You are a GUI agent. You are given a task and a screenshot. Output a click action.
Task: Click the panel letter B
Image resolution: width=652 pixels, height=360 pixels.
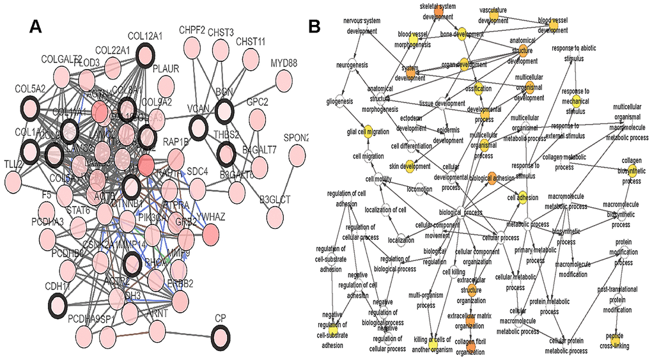point(315,26)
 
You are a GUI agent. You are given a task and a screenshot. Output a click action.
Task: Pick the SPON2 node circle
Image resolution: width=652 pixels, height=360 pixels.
point(297,156)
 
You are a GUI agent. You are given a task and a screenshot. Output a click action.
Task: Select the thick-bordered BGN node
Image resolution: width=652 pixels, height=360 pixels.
point(224,113)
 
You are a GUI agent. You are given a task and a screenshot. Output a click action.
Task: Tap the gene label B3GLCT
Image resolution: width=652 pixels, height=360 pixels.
point(275,200)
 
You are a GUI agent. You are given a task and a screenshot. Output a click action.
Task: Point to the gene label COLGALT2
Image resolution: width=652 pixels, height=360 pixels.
point(62,59)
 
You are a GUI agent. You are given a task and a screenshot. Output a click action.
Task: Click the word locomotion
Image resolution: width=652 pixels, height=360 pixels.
point(419,190)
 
